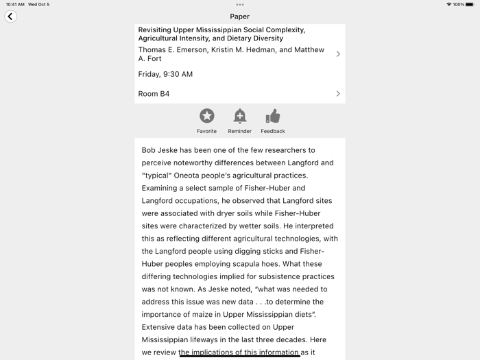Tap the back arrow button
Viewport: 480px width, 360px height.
(10, 16)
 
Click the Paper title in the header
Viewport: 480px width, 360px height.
(240, 16)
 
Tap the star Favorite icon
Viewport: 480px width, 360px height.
(206, 116)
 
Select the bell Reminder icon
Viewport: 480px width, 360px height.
(239, 116)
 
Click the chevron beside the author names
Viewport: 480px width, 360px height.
(338, 54)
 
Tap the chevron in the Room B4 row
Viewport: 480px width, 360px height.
(338, 94)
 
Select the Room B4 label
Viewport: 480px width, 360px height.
(154, 94)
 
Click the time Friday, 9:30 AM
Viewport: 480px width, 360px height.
(165, 74)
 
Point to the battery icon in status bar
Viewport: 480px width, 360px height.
(470, 5)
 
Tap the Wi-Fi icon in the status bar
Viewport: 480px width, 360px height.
(448, 5)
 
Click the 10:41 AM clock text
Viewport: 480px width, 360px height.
(15, 5)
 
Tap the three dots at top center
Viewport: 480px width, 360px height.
(240, 5)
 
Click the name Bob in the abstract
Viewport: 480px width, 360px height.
(149, 150)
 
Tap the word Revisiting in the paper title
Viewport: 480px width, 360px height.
(157, 30)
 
